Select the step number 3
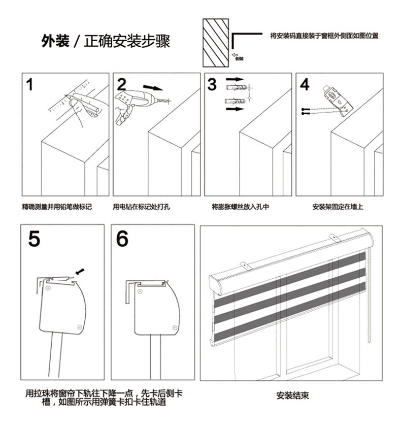point(212,84)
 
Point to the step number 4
point(305,84)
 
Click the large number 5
point(34,238)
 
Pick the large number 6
point(123,238)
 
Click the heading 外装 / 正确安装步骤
point(106,41)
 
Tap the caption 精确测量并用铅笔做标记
point(57,207)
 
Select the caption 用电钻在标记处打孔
point(142,207)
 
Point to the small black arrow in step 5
point(79,270)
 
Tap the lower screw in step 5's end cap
point(79,327)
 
